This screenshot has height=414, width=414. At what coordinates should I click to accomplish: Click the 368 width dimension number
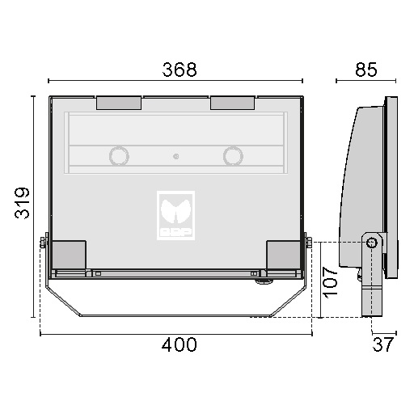pyautogui.click(x=180, y=70)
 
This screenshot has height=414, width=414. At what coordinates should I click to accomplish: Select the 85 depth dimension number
pyautogui.click(x=366, y=70)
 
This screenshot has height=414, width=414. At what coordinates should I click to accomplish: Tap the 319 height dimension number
pyautogui.click(x=22, y=203)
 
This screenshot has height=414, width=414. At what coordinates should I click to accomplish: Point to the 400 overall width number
pyautogui.click(x=180, y=344)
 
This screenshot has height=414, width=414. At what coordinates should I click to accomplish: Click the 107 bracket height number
pyautogui.click(x=330, y=282)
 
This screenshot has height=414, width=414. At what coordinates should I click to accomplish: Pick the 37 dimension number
pyautogui.click(x=383, y=344)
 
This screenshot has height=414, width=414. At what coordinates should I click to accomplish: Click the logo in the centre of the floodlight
pyautogui.click(x=175, y=215)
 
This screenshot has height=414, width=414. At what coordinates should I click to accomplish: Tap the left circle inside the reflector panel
pyautogui.click(x=119, y=156)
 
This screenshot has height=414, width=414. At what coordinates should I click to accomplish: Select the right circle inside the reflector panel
pyautogui.click(x=233, y=156)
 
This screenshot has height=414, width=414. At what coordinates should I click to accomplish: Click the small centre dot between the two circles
pyautogui.click(x=175, y=156)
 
